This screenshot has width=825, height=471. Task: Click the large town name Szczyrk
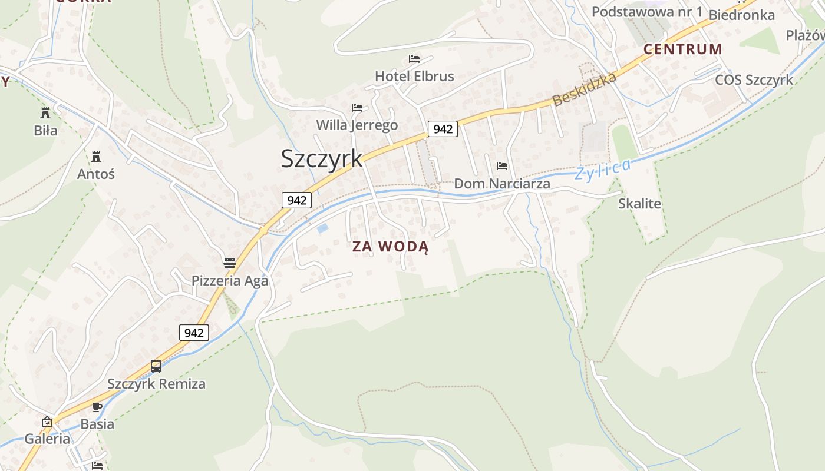click(321, 158)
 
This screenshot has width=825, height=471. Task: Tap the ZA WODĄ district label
click(390, 247)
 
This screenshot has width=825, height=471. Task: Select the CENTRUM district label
click(682, 49)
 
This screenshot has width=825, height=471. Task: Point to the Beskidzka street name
click(585, 89)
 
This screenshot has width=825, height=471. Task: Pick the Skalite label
click(639, 204)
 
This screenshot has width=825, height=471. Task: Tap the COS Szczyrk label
click(754, 80)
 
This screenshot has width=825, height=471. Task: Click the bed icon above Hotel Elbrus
click(414, 59)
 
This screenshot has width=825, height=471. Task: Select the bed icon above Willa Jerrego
click(357, 108)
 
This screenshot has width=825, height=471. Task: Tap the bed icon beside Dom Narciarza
click(502, 166)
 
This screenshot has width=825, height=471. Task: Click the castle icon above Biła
click(45, 112)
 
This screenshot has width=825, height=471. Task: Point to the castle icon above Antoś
click(96, 157)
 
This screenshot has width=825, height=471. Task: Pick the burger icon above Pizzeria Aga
click(230, 263)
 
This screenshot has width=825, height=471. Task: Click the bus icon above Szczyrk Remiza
click(156, 366)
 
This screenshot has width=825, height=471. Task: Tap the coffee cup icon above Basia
click(97, 407)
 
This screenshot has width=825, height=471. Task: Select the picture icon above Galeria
click(47, 422)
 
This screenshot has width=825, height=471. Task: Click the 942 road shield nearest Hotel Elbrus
click(443, 129)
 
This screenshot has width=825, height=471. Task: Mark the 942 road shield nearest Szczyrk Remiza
click(194, 333)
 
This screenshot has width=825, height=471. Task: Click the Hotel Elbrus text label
click(414, 77)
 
